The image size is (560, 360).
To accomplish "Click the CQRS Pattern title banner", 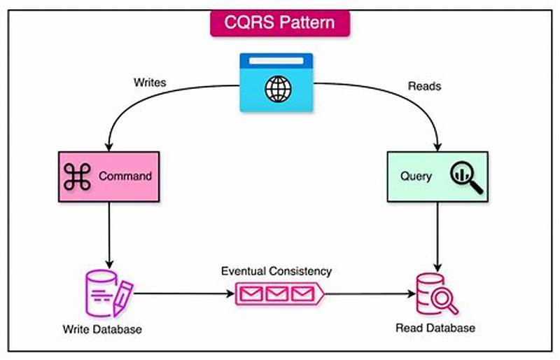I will (x=280, y=22).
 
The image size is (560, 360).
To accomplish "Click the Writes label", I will (x=150, y=83).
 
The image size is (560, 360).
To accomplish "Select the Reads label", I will (x=424, y=86).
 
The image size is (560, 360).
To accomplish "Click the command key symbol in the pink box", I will (x=77, y=176).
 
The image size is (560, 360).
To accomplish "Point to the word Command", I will (x=125, y=176).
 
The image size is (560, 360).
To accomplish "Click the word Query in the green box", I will (x=416, y=177).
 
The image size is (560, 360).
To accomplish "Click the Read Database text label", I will (x=435, y=328).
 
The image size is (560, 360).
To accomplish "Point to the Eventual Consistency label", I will (x=276, y=271).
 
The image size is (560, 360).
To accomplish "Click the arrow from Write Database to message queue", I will (x=183, y=293).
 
